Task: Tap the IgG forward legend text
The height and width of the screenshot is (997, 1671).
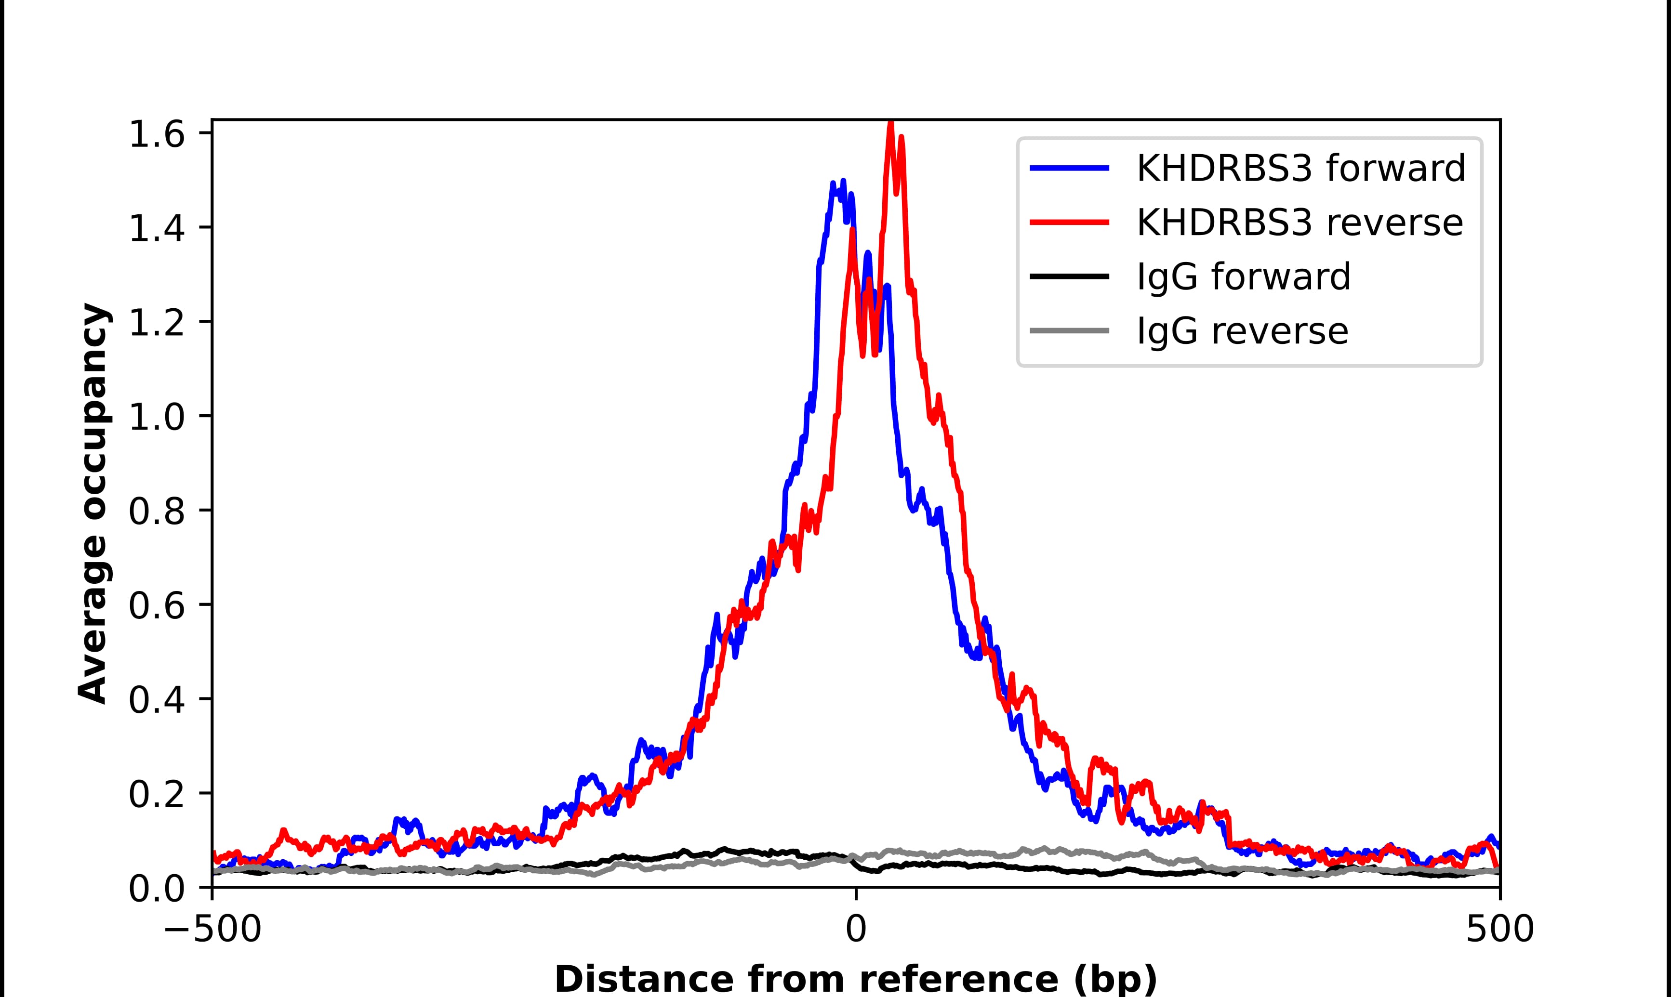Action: click(x=1243, y=276)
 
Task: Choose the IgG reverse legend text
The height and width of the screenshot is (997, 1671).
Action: click(x=1242, y=330)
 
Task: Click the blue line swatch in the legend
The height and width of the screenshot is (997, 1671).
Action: click(x=1069, y=168)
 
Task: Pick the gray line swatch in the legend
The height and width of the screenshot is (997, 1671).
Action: click(x=1069, y=330)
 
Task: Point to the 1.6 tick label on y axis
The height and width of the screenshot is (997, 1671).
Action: click(x=156, y=134)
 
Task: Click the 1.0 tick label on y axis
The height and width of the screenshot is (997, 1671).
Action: click(x=156, y=417)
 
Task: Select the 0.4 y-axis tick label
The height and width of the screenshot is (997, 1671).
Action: click(x=156, y=700)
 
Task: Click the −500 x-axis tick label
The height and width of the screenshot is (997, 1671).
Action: click(x=212, y=930)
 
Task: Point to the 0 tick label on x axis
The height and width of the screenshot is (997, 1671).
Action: click(x=855, y=930)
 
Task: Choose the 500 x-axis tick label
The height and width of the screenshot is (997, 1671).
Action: click(x=1499, y=930)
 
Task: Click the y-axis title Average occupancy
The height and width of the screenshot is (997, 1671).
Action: click(x=93, y=504)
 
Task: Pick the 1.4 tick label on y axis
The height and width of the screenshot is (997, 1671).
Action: click(x=156, y=229)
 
